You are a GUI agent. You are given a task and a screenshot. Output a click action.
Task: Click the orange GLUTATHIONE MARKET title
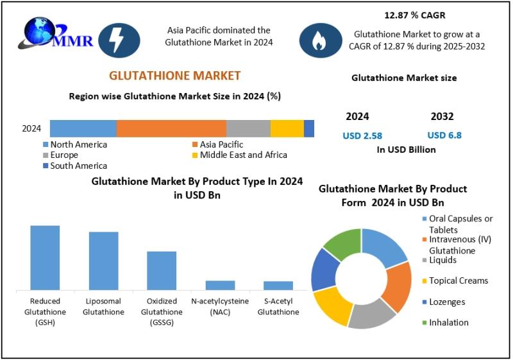[174, 76]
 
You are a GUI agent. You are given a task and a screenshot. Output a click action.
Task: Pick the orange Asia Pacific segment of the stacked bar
[171, 128]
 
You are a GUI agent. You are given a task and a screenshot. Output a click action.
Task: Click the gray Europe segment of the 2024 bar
[248, 128]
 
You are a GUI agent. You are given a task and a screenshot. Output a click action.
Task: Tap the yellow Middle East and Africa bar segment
[287, 128]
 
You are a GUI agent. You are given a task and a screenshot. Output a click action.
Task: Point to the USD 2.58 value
[362, 135]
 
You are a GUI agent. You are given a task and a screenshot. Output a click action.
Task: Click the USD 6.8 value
[444, 135]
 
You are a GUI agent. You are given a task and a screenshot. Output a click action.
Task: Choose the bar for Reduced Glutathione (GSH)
[45, 258]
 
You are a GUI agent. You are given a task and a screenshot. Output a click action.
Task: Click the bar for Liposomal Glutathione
[103, 261]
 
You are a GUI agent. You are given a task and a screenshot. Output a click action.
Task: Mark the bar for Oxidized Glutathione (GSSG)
[162, 271]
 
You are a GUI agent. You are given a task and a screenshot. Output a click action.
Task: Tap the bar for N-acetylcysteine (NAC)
[220, 286]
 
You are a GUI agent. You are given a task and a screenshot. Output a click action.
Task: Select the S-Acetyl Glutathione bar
[278, 286]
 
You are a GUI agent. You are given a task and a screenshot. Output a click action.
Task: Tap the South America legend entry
[74, 166]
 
